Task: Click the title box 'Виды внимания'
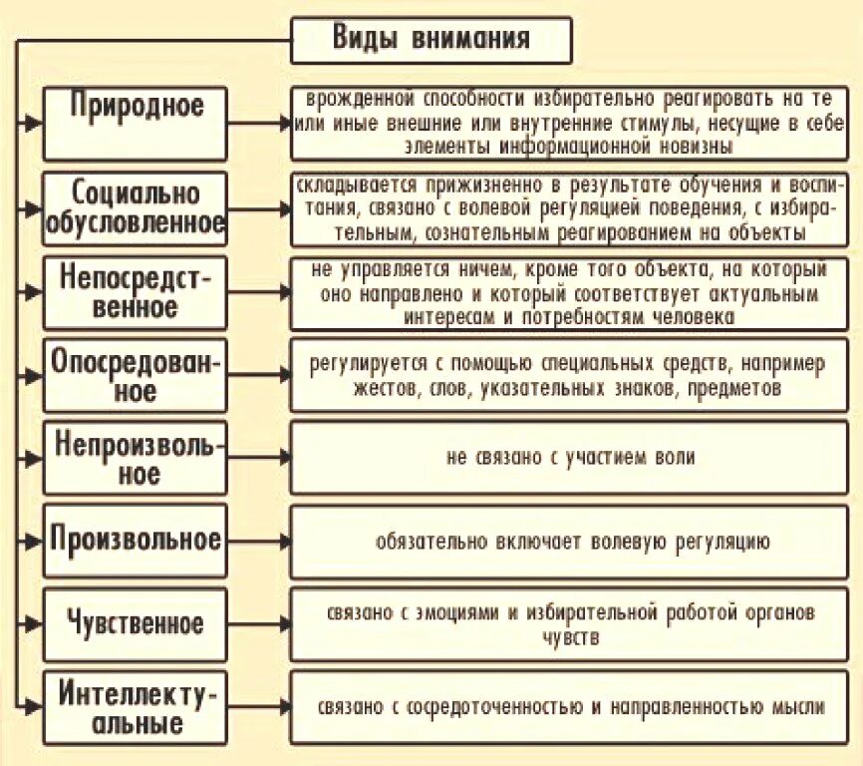coord(431,40)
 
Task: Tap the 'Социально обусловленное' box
coord(135,207)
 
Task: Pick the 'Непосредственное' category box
coord(135,291)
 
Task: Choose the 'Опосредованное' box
coord(135,374)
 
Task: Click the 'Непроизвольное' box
coord(135,457)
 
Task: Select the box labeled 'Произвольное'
coord(135,540)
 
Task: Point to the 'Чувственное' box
coord(135,624)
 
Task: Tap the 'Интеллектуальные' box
coord(135,707)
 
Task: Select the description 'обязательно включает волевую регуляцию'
coord(570,542)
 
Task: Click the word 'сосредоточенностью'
coord(498,707)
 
